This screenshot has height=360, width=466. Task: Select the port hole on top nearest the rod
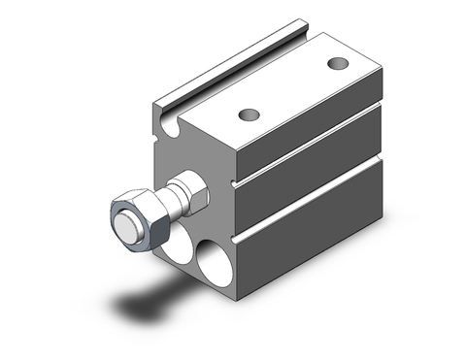click(x=250, y=114)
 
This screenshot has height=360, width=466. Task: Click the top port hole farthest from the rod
click(x=337, y=64)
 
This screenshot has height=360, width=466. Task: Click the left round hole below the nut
click(x=178, y=251)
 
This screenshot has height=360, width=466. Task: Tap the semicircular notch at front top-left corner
click(x=172, y=125)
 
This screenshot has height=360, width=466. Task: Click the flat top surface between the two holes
click(x=291, y=88)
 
